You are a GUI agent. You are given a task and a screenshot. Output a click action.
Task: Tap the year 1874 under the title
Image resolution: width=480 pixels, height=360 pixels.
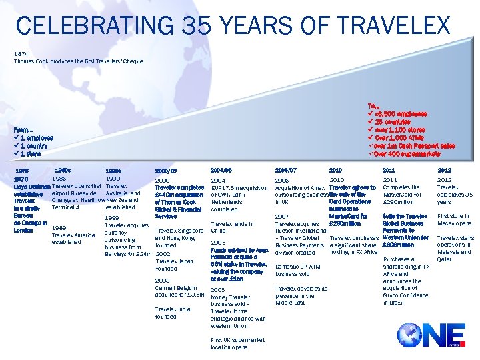pyautogui.click(x=21, y=54)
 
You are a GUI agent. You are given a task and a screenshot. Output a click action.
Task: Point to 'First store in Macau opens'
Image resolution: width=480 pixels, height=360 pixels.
pyautogui.click(x=453, y=220)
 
